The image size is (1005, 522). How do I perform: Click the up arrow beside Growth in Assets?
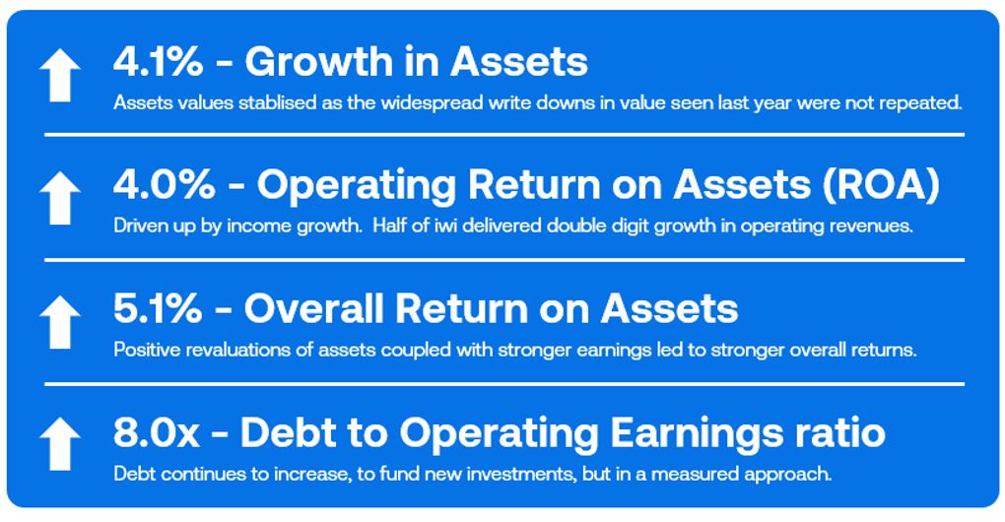(x=59, y=75)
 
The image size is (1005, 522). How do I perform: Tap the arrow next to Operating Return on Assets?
(x=59, y=198)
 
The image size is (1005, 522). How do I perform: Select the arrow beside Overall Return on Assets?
(x=59, y=322)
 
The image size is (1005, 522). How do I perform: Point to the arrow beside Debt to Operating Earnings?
(x=59, y=444)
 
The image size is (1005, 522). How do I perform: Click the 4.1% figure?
(x=158, y=62)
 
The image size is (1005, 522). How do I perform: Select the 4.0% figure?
(x=165, y=185)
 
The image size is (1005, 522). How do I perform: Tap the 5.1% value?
(x=158, y=308)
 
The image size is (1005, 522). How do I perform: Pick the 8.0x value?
(x=157, y=432)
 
